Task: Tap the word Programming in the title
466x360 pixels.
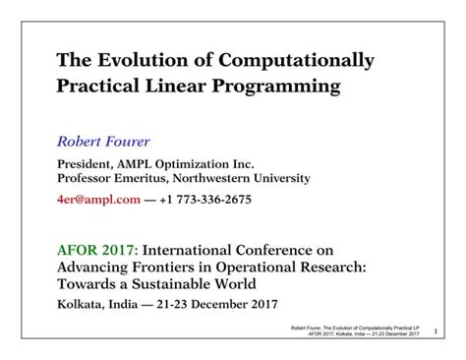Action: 277,88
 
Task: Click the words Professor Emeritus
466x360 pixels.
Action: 114,179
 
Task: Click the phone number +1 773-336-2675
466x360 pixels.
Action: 206,200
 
